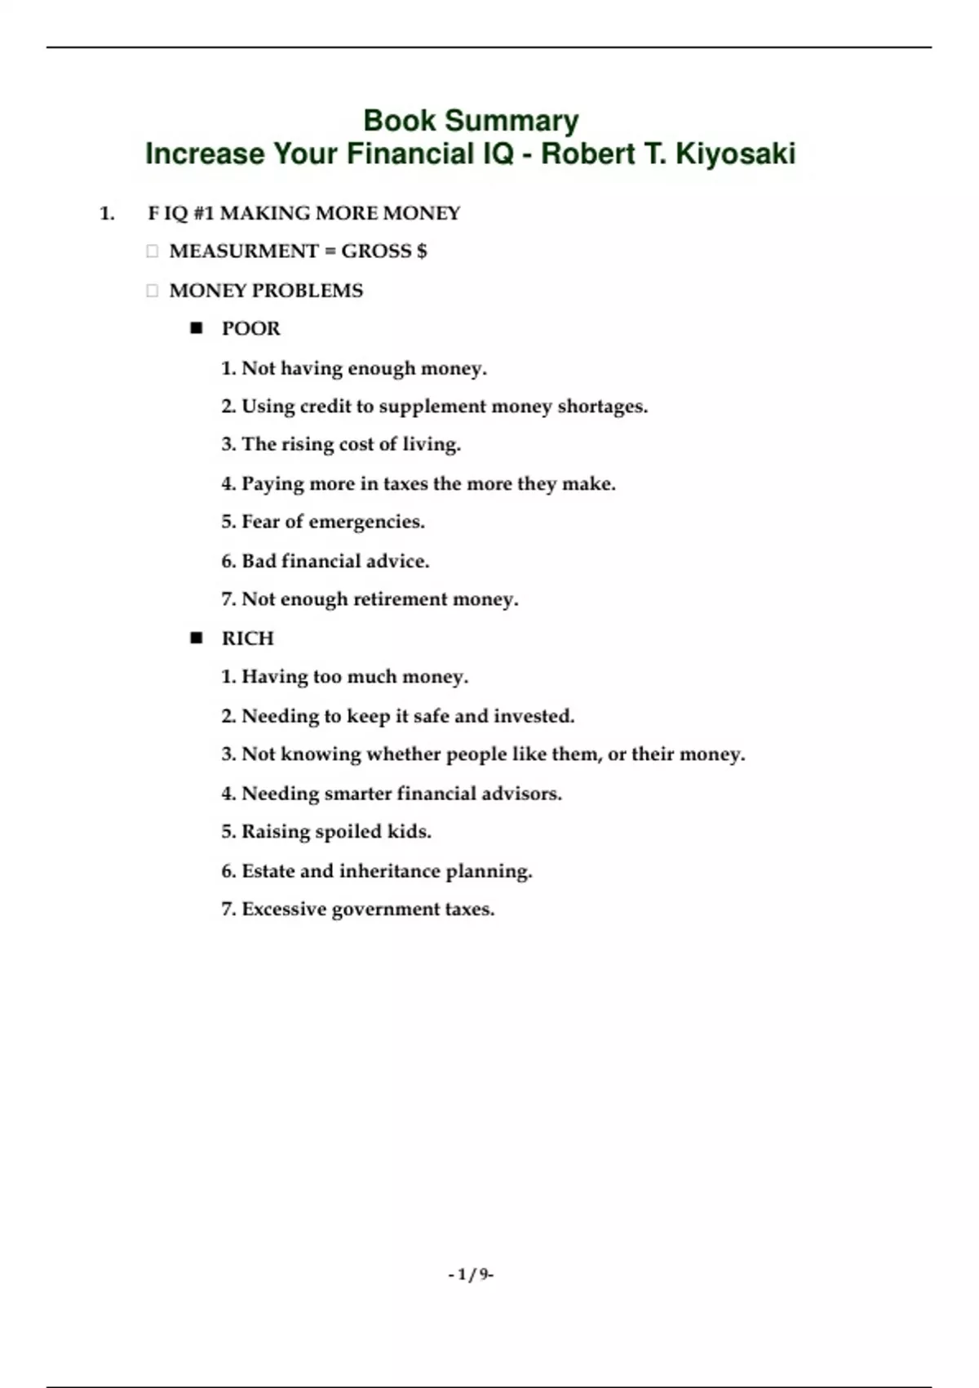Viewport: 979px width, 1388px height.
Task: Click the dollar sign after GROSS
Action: [422, 251]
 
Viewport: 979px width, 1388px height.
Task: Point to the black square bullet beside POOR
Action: [196, 328]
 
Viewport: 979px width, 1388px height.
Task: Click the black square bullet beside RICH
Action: [196, 638]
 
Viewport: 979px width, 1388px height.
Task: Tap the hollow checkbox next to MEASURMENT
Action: [152, 251]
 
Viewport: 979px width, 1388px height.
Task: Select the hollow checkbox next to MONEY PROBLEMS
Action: [152, 291]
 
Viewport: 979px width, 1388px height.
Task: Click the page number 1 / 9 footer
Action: [471, 1275]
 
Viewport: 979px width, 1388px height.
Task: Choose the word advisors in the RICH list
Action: [521, 794]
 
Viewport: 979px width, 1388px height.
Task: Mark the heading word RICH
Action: [248, 638]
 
